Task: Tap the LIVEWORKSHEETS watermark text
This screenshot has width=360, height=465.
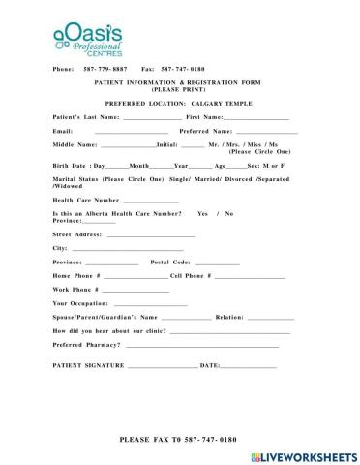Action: tap(311, 455)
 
